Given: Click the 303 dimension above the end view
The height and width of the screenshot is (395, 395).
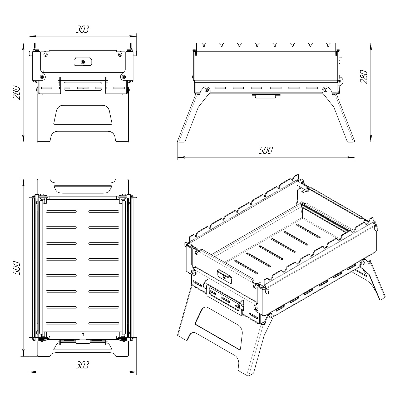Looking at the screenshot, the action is click(82, 29).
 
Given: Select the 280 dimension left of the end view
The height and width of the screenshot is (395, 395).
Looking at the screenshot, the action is click(16, 92).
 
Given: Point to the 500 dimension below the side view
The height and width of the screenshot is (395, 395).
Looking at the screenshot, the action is click(266, 150).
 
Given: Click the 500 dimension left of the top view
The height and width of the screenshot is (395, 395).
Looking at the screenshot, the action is click(16, 268).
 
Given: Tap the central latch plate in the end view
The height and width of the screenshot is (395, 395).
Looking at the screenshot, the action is click(83, 61).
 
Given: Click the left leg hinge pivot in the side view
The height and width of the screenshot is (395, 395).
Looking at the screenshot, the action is click(206, 90).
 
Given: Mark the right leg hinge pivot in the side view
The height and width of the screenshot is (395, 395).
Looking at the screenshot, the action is click(326, 90).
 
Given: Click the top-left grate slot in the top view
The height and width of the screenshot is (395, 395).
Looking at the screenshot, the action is click(61, 211).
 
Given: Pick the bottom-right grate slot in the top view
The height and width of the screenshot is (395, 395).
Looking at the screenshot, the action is click(104, 323).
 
